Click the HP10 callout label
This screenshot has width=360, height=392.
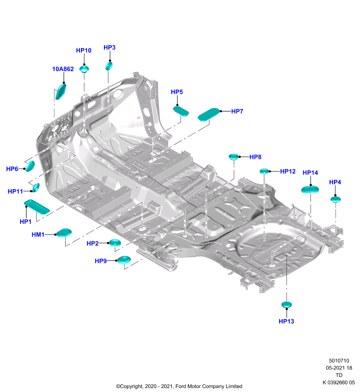[83, 50]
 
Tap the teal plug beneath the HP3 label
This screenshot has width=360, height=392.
[109, 66]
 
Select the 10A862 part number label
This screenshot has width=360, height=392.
[63, 69]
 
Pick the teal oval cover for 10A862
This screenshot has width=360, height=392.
[60, 92]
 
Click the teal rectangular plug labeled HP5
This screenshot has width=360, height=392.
[181, 111]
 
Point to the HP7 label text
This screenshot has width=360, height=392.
[237, 111]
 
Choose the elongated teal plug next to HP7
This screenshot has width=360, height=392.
[208, 114]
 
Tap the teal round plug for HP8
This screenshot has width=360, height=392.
[233, 157]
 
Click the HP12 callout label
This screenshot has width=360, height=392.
[288, 171]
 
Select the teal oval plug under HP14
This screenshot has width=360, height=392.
[310, 190]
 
